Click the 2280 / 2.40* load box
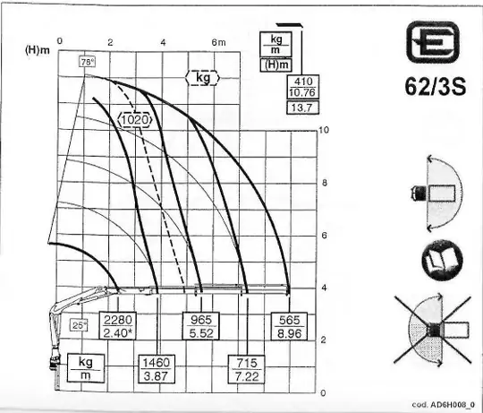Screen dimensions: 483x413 tap(118, 326)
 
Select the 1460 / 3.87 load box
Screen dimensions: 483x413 tap(157, 369)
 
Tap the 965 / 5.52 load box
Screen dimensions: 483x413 tap(201, 326)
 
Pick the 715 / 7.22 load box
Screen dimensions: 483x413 tap(247, 369)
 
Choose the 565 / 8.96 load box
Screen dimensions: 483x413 tap(289, 326)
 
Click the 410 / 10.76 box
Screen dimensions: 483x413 tap(303, 87)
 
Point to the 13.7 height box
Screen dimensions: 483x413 tap(303, 108)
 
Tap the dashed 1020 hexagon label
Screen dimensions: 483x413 tap(135, 119)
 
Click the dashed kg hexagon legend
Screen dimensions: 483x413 tap(203, 78)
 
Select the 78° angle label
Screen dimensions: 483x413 tap(87, 62)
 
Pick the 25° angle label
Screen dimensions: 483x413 tap(79, 325)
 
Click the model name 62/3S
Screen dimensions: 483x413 tap(436, 86)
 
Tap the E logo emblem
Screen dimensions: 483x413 tap(433, 42)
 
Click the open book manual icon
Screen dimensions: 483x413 tap(442, 260)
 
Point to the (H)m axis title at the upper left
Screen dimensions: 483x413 tap(38, 50)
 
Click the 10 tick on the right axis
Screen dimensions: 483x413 tap(324, 130)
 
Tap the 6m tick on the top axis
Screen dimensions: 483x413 tap(218, 42)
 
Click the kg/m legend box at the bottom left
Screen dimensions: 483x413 tap(86, 368)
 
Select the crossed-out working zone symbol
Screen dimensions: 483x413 tap(433, 330)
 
